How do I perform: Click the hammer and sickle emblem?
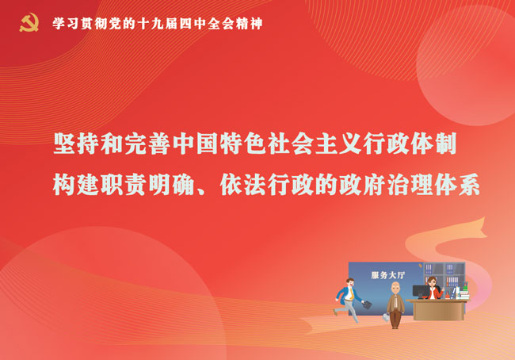(29, 23)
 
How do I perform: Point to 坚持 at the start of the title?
(76, 144)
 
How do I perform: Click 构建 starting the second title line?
(76, 185)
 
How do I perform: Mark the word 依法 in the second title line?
(243, 185)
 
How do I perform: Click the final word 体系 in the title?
(457, 185)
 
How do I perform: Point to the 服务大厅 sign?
(388, 275)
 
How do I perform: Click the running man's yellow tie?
(351, 294)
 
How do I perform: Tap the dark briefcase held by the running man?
(368, 304)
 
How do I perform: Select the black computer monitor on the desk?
(421, 292)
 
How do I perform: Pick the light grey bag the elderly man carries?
(386, 318)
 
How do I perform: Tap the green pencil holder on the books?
(465, 287)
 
